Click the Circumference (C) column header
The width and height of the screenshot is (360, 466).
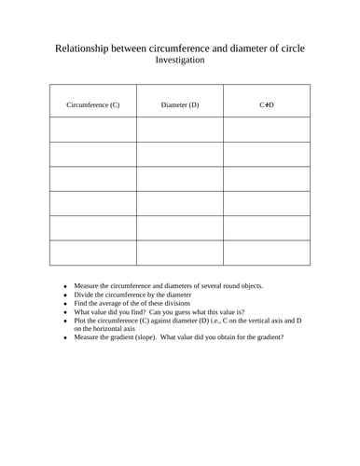pyautogui.click(x=93, y=104)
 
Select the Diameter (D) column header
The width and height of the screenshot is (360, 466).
pyautogui.click(x=180, y=104)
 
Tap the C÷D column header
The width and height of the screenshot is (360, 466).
pyautogui.click(x=266, y=104)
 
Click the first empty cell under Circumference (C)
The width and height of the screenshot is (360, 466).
pyautogui.click(x=93, y=130)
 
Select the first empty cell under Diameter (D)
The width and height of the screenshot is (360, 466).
pyautogui.click(x=180, y=130)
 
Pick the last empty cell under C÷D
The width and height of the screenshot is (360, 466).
pyautogui.click(x=266, y=253)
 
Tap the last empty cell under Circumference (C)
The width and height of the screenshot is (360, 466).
pyautogui.click(x=93, y=253)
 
